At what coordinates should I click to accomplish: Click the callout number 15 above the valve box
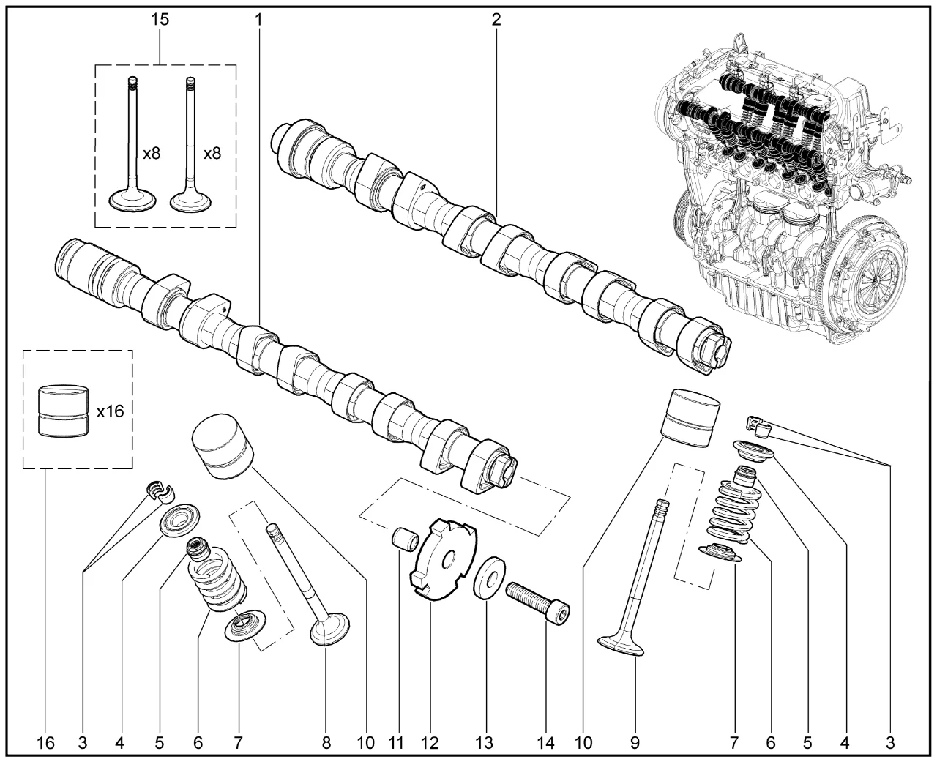pyautogui.click(x=160, y=19)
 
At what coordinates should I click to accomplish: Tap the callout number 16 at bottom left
pyautogui.click(x=45, y=742)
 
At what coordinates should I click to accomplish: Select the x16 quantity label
pyautogui.click(x=110, y=411)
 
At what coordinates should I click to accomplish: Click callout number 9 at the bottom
pyautogui.click(x=634, y=742)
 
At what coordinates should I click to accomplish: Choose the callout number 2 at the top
pyautogui.click(x=496, y=19)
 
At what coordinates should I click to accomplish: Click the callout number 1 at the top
pyautogui.click(x=258, y=19)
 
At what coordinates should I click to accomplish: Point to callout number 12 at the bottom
pyautogui.click(x=429, y=742)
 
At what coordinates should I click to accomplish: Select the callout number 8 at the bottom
pyautogui.click(x=326, y=742)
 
